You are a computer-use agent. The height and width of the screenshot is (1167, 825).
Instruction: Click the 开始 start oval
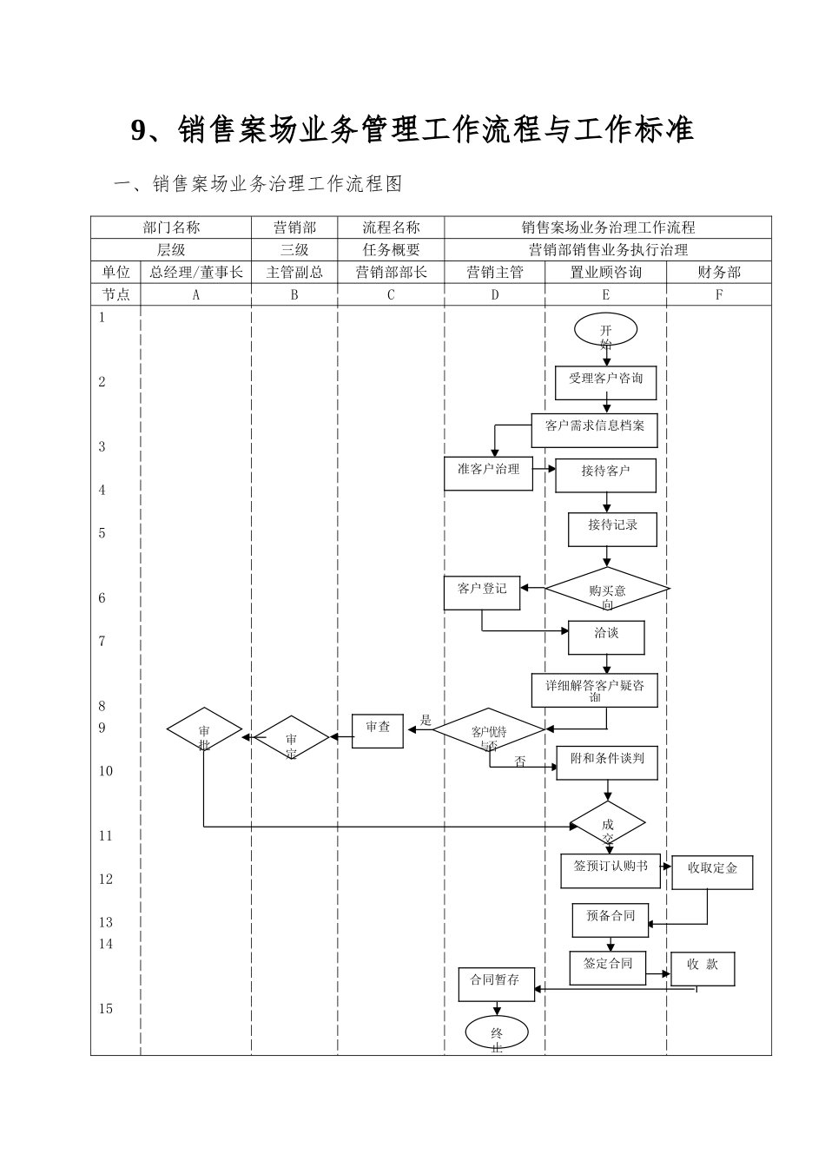(605, 330)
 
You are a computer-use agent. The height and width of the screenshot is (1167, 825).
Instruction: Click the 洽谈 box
(606, 637)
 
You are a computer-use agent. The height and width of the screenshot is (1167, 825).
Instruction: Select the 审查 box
(378, 730)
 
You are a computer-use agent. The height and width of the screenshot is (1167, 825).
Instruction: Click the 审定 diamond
(291, 739)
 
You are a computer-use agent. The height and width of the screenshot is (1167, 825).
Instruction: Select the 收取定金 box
(712, 872)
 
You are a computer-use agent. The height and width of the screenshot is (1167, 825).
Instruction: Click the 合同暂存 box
(496, 984)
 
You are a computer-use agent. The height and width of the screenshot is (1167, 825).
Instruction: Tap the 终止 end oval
(497, 1032)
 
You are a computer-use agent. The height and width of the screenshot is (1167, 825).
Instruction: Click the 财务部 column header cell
(719, 272)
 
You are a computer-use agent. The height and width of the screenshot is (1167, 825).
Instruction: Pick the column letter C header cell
(391, 294)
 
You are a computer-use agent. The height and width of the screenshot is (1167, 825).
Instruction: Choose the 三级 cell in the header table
(294, 250)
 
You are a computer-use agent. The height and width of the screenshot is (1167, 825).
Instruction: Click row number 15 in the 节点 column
(106, 1009)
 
